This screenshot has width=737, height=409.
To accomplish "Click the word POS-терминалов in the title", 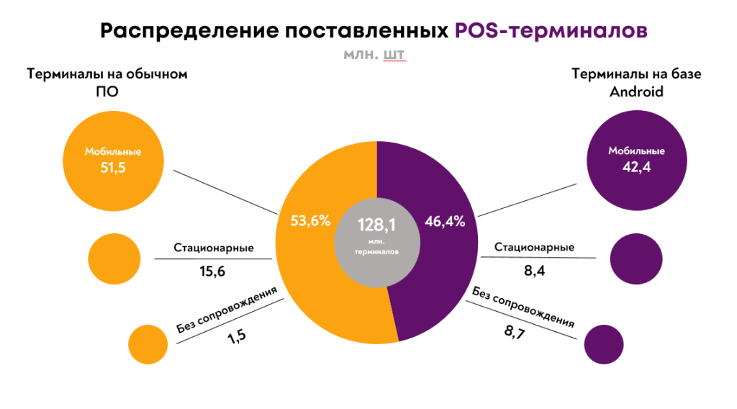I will [551, 31].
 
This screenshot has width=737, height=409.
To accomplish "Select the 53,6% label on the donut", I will [310, 222].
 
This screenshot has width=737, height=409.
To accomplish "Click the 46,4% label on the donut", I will [446, 222].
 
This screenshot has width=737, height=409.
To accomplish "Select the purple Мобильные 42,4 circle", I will [636, 160].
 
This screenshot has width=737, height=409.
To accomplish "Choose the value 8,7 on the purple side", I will [513, 333].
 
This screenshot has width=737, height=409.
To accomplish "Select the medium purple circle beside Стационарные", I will [636, 258].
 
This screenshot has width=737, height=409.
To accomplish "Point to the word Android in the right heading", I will [636, 92].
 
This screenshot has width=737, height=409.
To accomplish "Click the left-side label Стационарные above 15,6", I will [213, 248].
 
